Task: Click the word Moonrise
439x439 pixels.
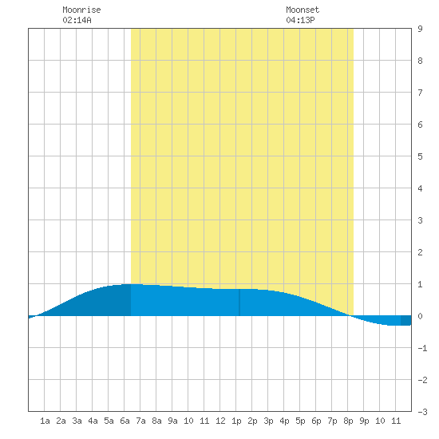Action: point(81,10)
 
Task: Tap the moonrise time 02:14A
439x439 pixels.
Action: point(77,20)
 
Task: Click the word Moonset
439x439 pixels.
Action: point(303,10)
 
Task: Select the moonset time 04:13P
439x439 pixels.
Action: point(300,20)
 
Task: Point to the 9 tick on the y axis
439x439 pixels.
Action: point(420,29)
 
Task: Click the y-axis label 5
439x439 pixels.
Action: point(420,156)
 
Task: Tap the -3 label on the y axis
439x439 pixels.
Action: point(422,412)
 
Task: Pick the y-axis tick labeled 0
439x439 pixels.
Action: point(420,316)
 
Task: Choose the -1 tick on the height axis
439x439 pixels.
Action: point(422,348)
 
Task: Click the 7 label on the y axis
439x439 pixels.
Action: point(420,93)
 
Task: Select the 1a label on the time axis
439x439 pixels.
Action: point(45,421)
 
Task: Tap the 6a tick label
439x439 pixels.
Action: point(125,421)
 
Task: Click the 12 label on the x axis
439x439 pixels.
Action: point(220,421)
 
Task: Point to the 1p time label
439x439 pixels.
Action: point(236,421)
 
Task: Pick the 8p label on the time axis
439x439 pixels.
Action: point(348,421)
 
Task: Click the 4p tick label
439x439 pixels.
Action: point(284,421)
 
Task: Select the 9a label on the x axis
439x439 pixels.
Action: point(172,421)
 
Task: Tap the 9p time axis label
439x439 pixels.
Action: point(364,421)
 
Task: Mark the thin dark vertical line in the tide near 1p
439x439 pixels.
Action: point(239,303)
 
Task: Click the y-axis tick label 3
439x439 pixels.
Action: point(420,220)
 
